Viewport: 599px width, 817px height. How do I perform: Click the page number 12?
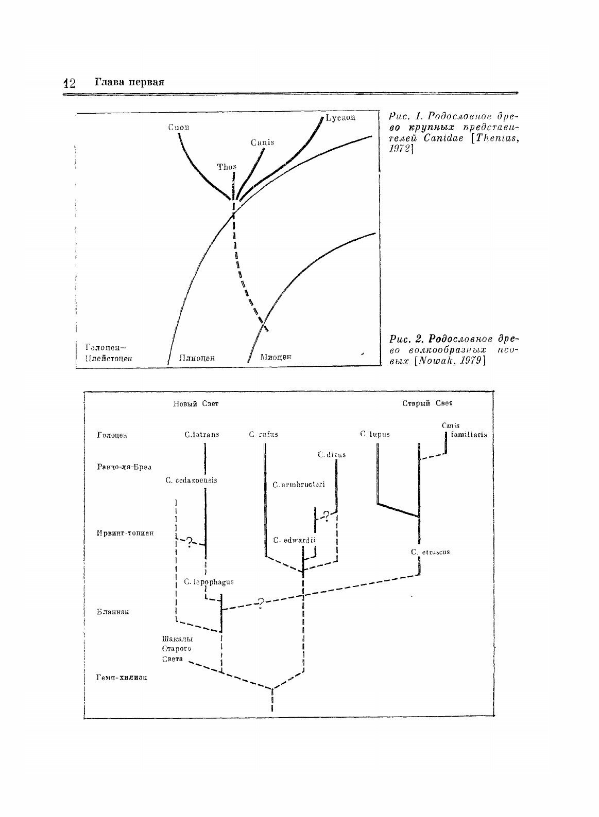pos(69,83)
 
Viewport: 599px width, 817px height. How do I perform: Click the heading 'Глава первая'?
pos(129,82)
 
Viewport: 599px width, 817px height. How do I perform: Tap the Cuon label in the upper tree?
pos(178,127)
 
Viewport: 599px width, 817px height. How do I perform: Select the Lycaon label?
pos(340,118)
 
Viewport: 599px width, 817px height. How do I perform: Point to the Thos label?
pos(227,167)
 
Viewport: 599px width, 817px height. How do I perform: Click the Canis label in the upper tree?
pos(262,143)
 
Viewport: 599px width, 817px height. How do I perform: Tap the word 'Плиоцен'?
pos(197,357)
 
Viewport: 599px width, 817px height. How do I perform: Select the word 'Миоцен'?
pos(276,357)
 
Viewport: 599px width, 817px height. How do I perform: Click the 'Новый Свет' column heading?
pos(195,404)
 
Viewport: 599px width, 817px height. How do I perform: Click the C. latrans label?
pos(201,434)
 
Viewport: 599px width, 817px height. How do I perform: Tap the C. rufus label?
pos(263,434)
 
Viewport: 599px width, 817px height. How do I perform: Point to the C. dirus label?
pos(331,454)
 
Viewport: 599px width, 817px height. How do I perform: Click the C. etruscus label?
pos(430,552)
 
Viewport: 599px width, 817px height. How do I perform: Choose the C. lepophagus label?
pos(209,582)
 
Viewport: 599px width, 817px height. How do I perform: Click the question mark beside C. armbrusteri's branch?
pos(326,515)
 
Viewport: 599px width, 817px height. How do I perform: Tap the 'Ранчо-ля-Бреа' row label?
pos(124,467)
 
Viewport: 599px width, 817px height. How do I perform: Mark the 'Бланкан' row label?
pos(112,612)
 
